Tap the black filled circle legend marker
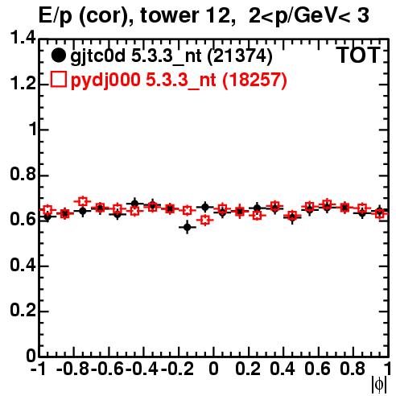coord(58,56)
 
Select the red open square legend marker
coord(58,79)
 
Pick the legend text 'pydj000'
coord(105,80)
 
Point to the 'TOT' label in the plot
coord(358,55)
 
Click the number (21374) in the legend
coord(240,56)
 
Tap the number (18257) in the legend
coord(254,80)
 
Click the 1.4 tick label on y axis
coord(23,38)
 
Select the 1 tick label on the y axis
coord(33,130)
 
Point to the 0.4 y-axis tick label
coord(23,266)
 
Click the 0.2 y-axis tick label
coord(23,311)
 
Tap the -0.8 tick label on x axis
coord(73,369)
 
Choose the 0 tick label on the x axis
coord(213,369)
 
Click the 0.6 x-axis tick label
coord(317,369)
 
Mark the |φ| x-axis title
coord(379,385)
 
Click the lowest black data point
coord(188,227)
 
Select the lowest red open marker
coord(205,220)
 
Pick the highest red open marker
coord(83,201)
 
